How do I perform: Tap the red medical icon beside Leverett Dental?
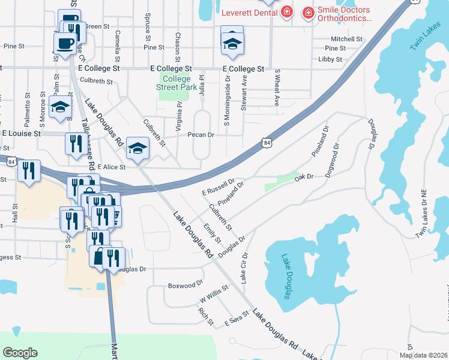[287, 12]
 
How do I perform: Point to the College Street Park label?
[176, 83]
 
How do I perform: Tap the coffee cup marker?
[65, 44]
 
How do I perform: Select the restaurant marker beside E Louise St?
[74, 144]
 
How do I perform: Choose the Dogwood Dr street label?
[332, 159]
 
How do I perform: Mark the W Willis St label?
[214, 295]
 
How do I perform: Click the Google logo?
[20, 353]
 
